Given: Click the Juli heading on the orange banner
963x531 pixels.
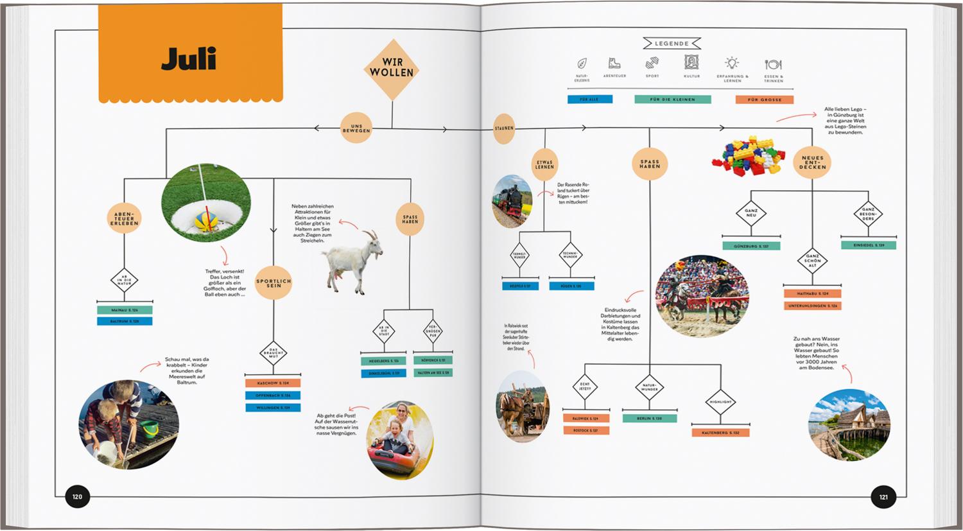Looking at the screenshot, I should pos(189,59).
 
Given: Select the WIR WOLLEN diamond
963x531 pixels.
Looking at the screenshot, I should pos(392,68).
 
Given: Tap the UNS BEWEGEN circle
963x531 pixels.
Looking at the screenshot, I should pos(356,128).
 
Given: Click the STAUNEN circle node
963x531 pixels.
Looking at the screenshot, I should pos(504,128).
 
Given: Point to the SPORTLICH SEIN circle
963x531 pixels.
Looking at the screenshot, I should pos(273,283).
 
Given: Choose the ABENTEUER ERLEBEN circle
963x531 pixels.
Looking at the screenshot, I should pos(125,218).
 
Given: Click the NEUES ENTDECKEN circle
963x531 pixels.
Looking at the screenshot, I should pos(812,162).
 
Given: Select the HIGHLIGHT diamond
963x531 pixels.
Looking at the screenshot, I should pos(720,402).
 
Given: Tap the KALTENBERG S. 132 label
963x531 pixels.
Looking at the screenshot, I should pos(720,433).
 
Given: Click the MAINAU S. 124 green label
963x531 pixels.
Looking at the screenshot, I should pos(125,310).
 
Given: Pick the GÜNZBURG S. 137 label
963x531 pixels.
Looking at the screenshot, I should pos(751,246).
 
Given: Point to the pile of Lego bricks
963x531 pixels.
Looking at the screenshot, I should pos(748,155).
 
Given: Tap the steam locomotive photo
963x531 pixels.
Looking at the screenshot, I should pos(512,201).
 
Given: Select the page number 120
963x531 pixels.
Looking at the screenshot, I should pos(78,496).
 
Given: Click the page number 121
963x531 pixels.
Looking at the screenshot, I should pos(883,496).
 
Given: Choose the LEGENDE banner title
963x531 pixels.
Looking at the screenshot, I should pos(672,44).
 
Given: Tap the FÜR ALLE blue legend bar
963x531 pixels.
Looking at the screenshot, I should pos(589,100).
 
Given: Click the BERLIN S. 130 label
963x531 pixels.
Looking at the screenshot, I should pos(650,418).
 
